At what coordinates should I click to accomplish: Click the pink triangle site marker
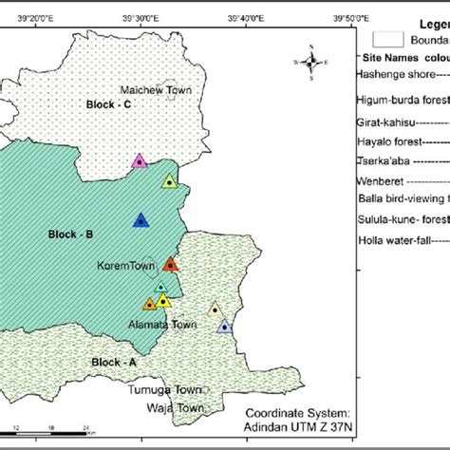coord(140,161)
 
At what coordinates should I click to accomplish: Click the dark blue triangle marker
coord(141,220)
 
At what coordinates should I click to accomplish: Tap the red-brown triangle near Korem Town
coord(171,265)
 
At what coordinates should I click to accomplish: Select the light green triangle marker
coord(169,181)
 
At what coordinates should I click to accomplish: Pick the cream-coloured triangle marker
coord(215,309)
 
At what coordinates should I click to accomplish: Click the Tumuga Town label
coord(168,389)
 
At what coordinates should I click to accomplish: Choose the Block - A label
coord(115,362)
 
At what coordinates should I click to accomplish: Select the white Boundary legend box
coord(387,39)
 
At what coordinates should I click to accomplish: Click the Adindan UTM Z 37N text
coord(299,429)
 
